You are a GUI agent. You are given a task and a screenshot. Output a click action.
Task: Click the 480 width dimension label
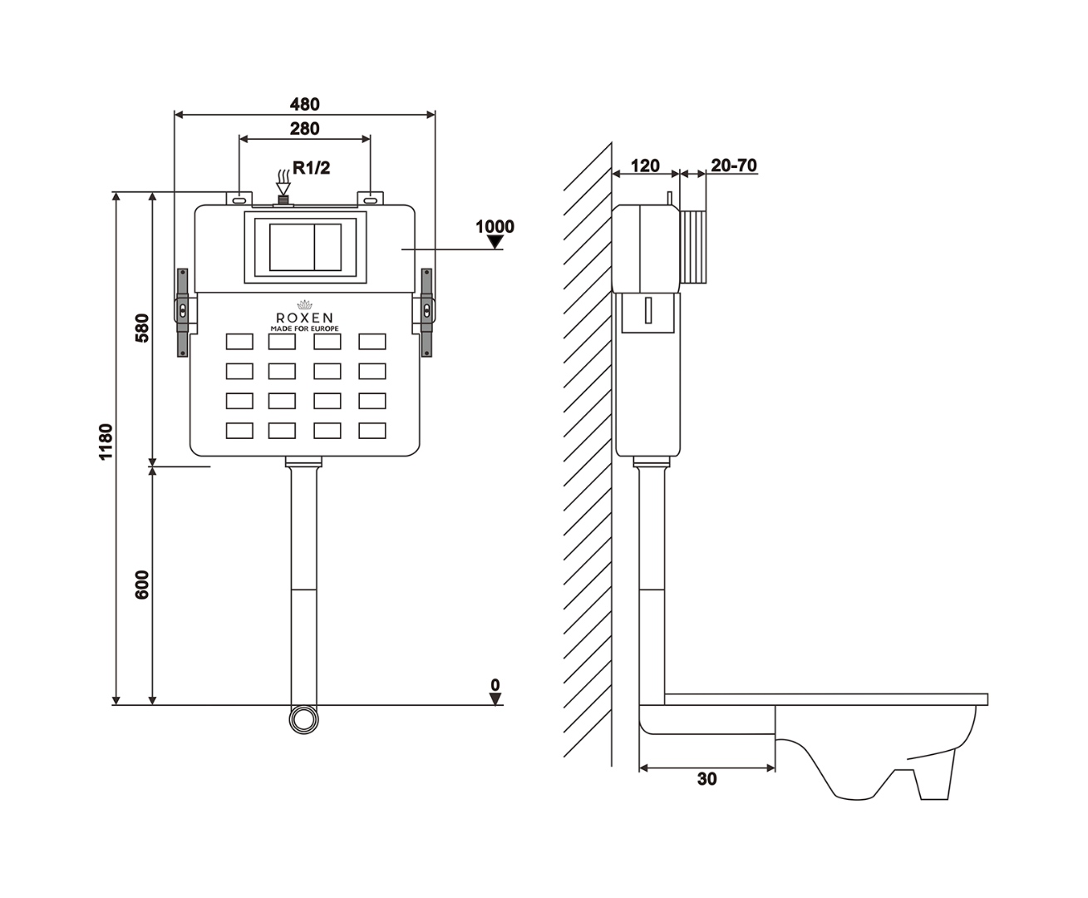tap(304, 105)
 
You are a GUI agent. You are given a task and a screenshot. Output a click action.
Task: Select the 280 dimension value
tap(304, 128)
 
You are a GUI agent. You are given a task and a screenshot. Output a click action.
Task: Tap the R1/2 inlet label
tap(311, 169)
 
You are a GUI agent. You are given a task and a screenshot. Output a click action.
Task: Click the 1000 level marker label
tap(495, 226)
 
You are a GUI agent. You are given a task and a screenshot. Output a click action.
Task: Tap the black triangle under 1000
tap(495, 243)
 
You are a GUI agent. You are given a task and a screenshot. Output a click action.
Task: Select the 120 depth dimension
tap(645, 165)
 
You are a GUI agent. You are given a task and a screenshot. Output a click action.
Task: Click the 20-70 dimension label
tap(734, 165)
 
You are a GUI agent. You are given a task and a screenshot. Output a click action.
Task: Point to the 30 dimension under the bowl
tap(706, 779)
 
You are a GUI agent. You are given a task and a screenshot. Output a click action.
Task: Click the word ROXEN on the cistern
tap(304, 318)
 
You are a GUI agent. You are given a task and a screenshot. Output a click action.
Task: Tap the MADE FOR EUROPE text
tap(304, 329)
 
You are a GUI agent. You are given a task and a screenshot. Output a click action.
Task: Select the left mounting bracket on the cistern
tap(183, 313)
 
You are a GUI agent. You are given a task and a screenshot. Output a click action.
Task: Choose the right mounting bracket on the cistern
tap(426, 313)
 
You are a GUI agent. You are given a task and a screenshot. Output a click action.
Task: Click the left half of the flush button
tap(290, 247)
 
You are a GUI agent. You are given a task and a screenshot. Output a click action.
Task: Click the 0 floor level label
tap(495, 685)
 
